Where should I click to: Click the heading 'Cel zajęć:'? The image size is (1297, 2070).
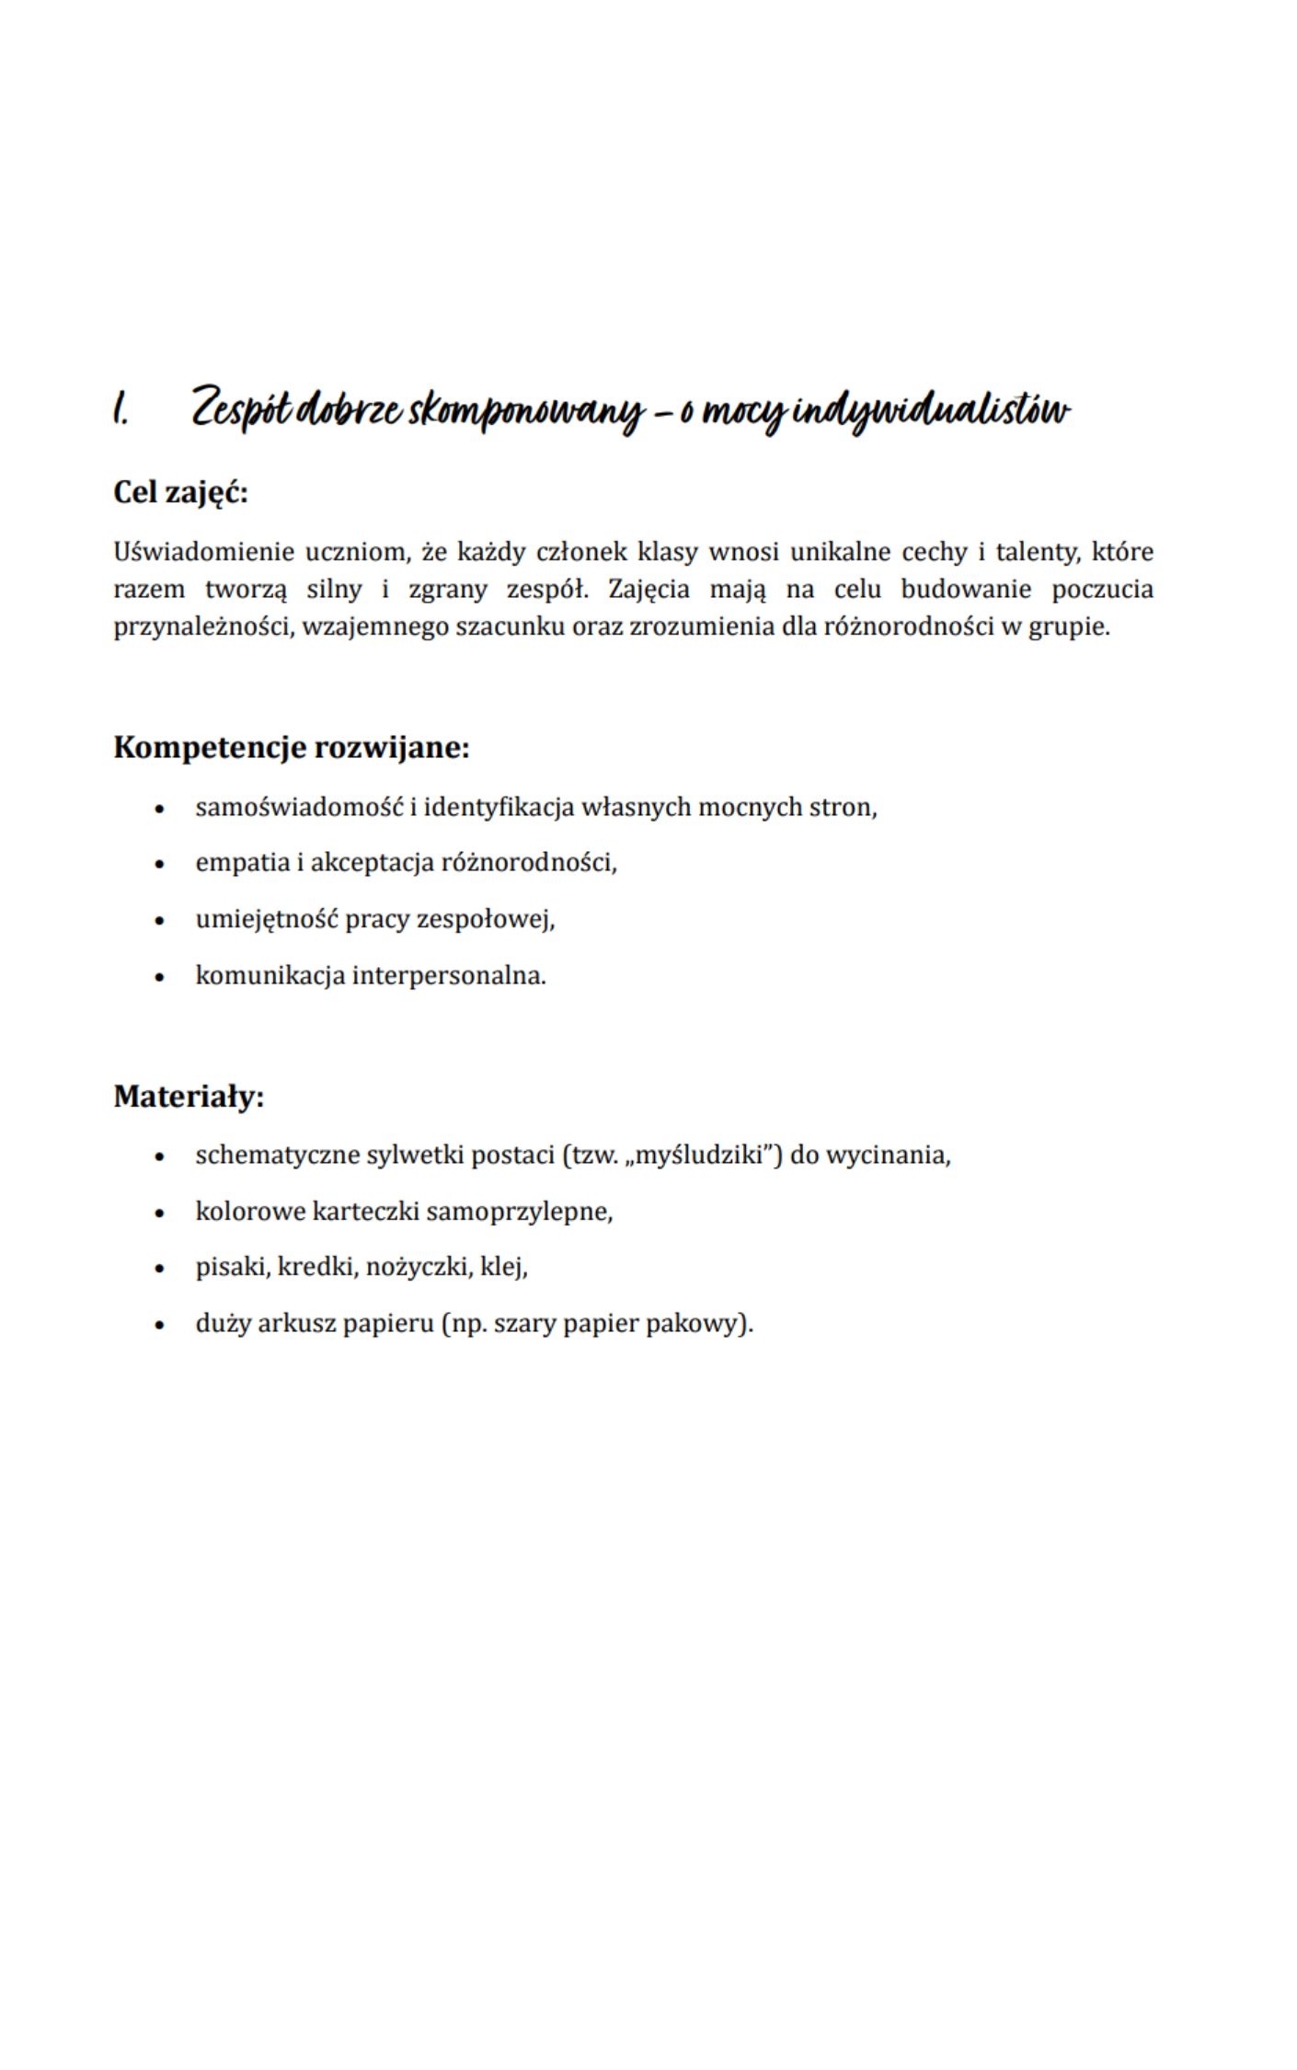(x=180, y=493)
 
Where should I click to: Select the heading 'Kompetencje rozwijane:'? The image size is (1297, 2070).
(x=291, y=747)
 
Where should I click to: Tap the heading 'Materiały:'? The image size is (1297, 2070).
(x=189, y=1097)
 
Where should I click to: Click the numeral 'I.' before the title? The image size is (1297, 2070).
(x=121, y=409)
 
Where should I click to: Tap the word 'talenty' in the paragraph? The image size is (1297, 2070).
(x=1039, y=552)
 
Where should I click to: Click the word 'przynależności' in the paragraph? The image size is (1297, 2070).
(x=201, y=627)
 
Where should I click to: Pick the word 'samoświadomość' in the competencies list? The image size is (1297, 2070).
(x=299, y=808)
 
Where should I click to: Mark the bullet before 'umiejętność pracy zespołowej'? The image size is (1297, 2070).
(x=160, y=921)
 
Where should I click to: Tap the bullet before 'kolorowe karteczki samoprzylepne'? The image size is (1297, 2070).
(x=160, y=1213)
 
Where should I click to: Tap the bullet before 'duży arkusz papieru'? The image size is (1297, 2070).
(x=160, y=1326)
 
